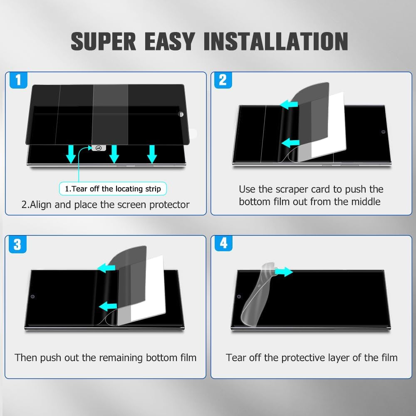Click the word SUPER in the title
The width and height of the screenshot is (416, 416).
103,41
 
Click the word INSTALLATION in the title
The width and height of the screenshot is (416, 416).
276,41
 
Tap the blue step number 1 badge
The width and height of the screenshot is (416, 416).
18,80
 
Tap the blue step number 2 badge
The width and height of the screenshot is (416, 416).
223,80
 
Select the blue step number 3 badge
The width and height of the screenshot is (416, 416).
17,244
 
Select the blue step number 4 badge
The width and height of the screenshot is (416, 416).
223,243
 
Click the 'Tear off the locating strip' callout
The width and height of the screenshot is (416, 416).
113,188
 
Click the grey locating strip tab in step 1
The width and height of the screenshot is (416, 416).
99,148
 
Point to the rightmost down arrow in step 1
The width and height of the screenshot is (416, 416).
152,154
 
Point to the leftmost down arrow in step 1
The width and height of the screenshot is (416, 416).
71,154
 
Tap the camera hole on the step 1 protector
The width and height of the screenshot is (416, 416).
181,114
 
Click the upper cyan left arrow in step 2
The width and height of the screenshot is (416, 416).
289,104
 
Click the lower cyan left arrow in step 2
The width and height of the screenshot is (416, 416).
290,143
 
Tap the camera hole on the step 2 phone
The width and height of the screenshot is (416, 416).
383,132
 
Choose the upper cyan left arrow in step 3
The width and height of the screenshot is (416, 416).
106,267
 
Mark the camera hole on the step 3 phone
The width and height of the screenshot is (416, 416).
32,297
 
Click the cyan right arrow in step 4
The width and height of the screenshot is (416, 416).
284,272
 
